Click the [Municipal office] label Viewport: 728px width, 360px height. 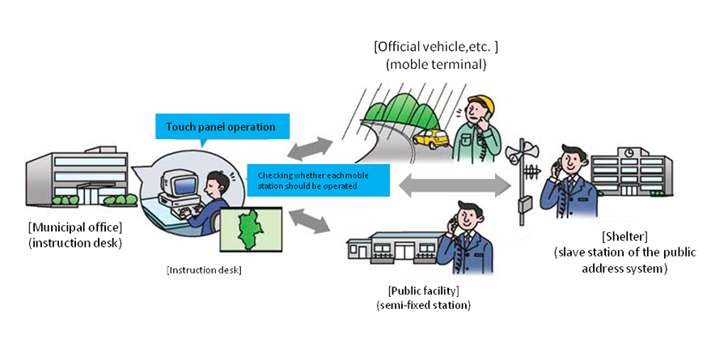[74, 225]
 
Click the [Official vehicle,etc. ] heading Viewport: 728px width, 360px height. [442, 46]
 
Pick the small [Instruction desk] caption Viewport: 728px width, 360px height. [204, 269]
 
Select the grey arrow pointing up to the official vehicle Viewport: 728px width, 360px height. [309, 148]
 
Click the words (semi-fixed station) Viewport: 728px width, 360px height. [423, 305]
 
